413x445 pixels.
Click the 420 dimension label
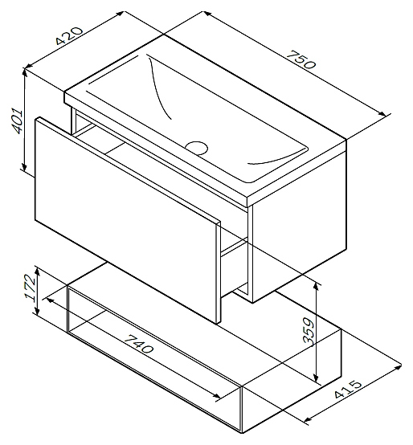click(69, 35)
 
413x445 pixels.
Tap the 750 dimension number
click(301, 59)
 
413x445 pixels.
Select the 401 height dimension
click(16, 120)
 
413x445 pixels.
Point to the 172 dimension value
click(30, 288)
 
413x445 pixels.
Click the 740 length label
click(139, 344)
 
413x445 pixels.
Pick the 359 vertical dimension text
click(308, 331)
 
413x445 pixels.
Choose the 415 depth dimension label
click(348, 390)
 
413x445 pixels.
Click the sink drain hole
click(196, 148)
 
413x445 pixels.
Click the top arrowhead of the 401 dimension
click(25, 72)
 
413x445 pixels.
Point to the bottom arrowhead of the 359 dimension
click(317, 378)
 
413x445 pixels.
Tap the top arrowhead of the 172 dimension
click(37, 271)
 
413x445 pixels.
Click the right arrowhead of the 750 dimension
click(382, 113)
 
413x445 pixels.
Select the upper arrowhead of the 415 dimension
click(398, 367)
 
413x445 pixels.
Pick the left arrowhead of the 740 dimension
click(50, 300)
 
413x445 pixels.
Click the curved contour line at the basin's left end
click(157, 85)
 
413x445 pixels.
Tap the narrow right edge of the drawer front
click(218, 272)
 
